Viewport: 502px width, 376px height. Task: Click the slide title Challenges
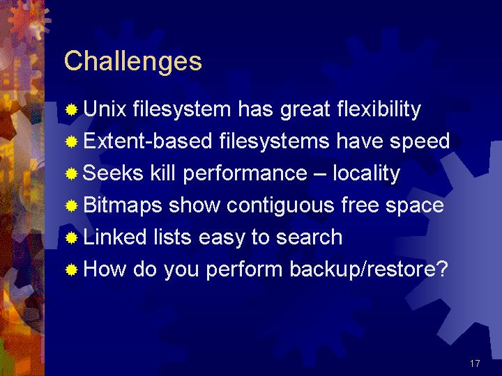click(133, 61)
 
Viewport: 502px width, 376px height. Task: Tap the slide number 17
click(475, 363)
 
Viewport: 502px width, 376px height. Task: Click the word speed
click(420, 141)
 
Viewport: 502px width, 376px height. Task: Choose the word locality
click(367, 173)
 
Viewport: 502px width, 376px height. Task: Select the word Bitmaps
click(122, 205)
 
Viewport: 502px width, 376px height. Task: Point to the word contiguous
click(280, 205)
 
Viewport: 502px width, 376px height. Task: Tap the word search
click(309, 237)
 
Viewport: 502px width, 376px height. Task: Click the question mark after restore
click(441, 269)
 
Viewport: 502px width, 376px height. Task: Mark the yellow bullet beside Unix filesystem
click(71, 110)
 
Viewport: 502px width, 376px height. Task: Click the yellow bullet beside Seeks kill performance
click(71, 174)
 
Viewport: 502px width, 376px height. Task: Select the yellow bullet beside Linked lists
click(71, 238)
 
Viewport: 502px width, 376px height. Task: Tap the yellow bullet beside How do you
click(71, 270)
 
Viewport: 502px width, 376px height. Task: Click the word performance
click(245, 173)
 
